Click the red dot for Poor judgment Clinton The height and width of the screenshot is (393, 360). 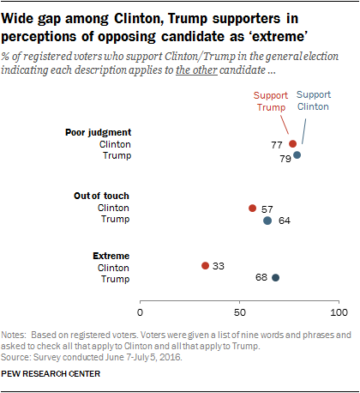click(292, 143)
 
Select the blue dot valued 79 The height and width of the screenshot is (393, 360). click(297, 155)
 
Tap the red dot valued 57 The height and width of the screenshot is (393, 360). click(252, 208)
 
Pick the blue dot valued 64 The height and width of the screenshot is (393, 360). click(267, 221)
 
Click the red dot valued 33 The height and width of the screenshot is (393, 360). click(205, 266)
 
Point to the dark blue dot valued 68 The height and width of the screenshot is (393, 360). click(275, 277)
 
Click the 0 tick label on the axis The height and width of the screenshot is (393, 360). click(140, 312)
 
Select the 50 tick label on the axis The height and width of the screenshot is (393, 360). click(239, 312)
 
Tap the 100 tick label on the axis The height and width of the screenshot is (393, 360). click(339, 312)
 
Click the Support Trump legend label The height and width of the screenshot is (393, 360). click(271, 101)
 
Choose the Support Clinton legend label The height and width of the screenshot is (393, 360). click(314, 100)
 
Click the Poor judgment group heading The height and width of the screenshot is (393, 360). click(99, 133)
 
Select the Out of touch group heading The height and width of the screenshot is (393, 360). click(101, 196)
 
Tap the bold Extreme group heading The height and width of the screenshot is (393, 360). click(111, 256)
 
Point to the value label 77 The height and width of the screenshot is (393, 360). click(277, 145)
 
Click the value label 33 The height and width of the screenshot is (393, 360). click(219, 266)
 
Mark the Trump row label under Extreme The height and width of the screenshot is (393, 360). click(116, 279)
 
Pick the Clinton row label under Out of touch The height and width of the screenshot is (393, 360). click(113, 208)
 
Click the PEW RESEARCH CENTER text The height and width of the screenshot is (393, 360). click(51, 374)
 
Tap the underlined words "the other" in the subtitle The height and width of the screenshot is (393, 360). click(196, 70)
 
